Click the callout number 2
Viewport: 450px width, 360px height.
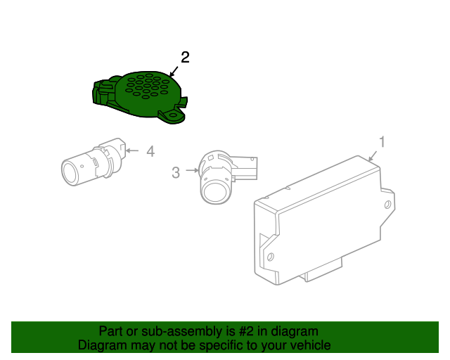(x=185, y=58)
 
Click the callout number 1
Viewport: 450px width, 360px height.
(x=382, y=142)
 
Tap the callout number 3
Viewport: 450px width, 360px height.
(x=176, y=173)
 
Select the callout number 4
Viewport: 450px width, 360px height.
(x=150, y=151)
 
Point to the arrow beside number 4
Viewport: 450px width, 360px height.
(x=132, y=150)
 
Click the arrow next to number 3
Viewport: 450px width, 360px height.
(x=192, y=170)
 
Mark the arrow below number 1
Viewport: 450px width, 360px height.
(x=373, y=156)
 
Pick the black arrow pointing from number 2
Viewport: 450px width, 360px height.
(x=174, y=72)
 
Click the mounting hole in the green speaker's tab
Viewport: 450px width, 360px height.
(x=174, y=115)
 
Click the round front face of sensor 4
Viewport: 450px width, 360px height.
(x=70, y=172)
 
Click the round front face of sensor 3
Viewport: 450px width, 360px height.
(x=216, y=192)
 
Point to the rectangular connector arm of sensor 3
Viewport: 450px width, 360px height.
(x=244, y=168)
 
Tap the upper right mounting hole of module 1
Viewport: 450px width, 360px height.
(x=387, y=205)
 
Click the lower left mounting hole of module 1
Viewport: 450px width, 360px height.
(x=270, y=256)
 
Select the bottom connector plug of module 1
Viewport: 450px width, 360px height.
(x=321, y=270)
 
